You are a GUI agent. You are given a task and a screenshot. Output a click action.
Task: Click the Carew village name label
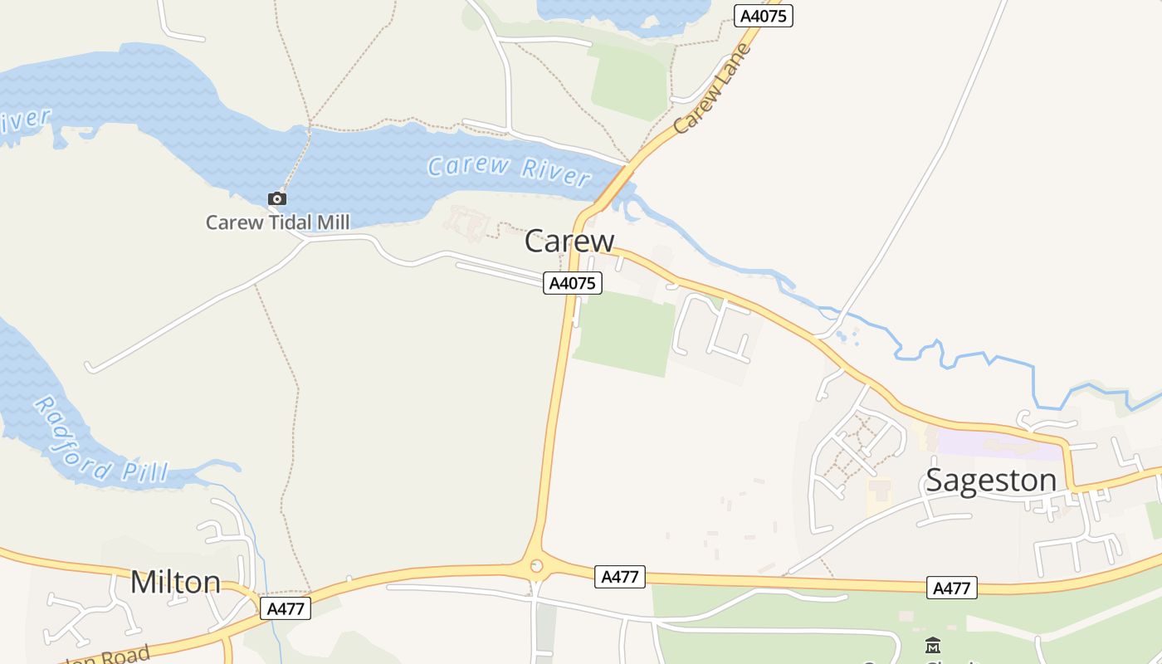569,241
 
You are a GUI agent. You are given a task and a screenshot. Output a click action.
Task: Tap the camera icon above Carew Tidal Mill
276,198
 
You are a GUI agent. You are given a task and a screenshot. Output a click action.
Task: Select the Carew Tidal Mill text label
277,222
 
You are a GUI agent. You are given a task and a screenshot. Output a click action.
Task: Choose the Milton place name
175,582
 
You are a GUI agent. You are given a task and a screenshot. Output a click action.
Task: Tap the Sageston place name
990,480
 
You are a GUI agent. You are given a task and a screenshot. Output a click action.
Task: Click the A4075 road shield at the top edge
764,16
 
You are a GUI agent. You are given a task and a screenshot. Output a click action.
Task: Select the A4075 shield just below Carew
573,283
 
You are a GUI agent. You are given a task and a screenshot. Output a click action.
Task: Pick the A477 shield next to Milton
286,608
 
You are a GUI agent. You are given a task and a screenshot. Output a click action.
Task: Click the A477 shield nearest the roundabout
619,577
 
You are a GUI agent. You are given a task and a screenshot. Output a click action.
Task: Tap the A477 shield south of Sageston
951,588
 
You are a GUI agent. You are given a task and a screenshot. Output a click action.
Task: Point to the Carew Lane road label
712,89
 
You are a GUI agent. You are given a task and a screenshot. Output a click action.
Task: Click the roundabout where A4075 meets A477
536,567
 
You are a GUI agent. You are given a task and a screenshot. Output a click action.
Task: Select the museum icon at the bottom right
933,645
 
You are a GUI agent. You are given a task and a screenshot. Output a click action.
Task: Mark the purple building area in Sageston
996,443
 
